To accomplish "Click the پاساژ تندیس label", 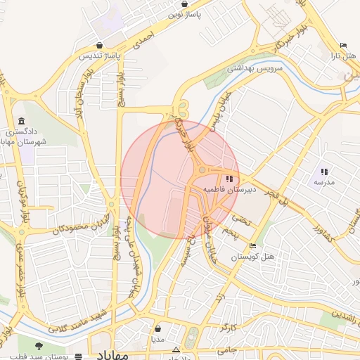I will pos(99,54).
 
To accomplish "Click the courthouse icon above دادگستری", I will pos(22,121).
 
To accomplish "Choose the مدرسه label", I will pos(323,182).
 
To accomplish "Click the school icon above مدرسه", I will pos(324,172).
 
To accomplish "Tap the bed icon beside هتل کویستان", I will pos(253,246).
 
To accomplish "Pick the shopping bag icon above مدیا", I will pos(157,328).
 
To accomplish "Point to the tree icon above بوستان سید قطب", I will pos(38,346).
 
